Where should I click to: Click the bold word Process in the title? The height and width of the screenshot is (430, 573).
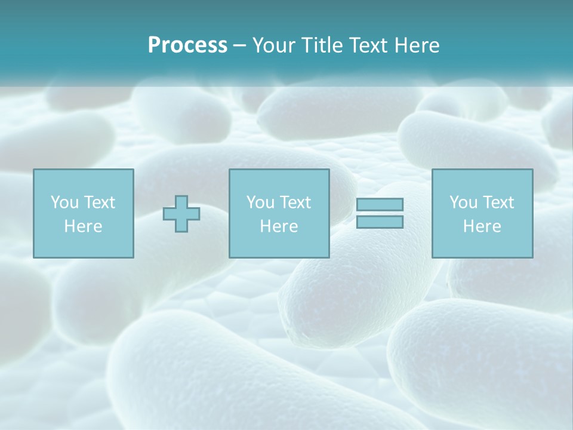[x=187, y=45]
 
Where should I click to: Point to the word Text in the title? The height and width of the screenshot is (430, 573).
[x=369, y=45]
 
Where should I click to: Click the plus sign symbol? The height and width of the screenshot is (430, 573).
[x=181, y=214]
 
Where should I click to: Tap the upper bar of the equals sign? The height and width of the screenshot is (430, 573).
[x=380, y=204]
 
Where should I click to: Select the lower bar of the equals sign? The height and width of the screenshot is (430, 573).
[x=380, y=222]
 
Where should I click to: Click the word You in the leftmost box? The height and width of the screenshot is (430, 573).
[x=63, y=202]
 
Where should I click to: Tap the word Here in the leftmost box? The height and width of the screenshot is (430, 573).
[x=83, y=226]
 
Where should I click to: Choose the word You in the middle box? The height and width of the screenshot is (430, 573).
[x=260, y=202]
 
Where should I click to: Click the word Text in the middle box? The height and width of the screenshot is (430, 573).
[x=295, y=202]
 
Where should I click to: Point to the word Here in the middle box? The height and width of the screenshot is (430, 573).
[x=279, y=226]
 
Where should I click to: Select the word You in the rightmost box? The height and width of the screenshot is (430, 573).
[x=463, y=202]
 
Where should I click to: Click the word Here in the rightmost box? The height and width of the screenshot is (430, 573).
[x=482, y=226]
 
